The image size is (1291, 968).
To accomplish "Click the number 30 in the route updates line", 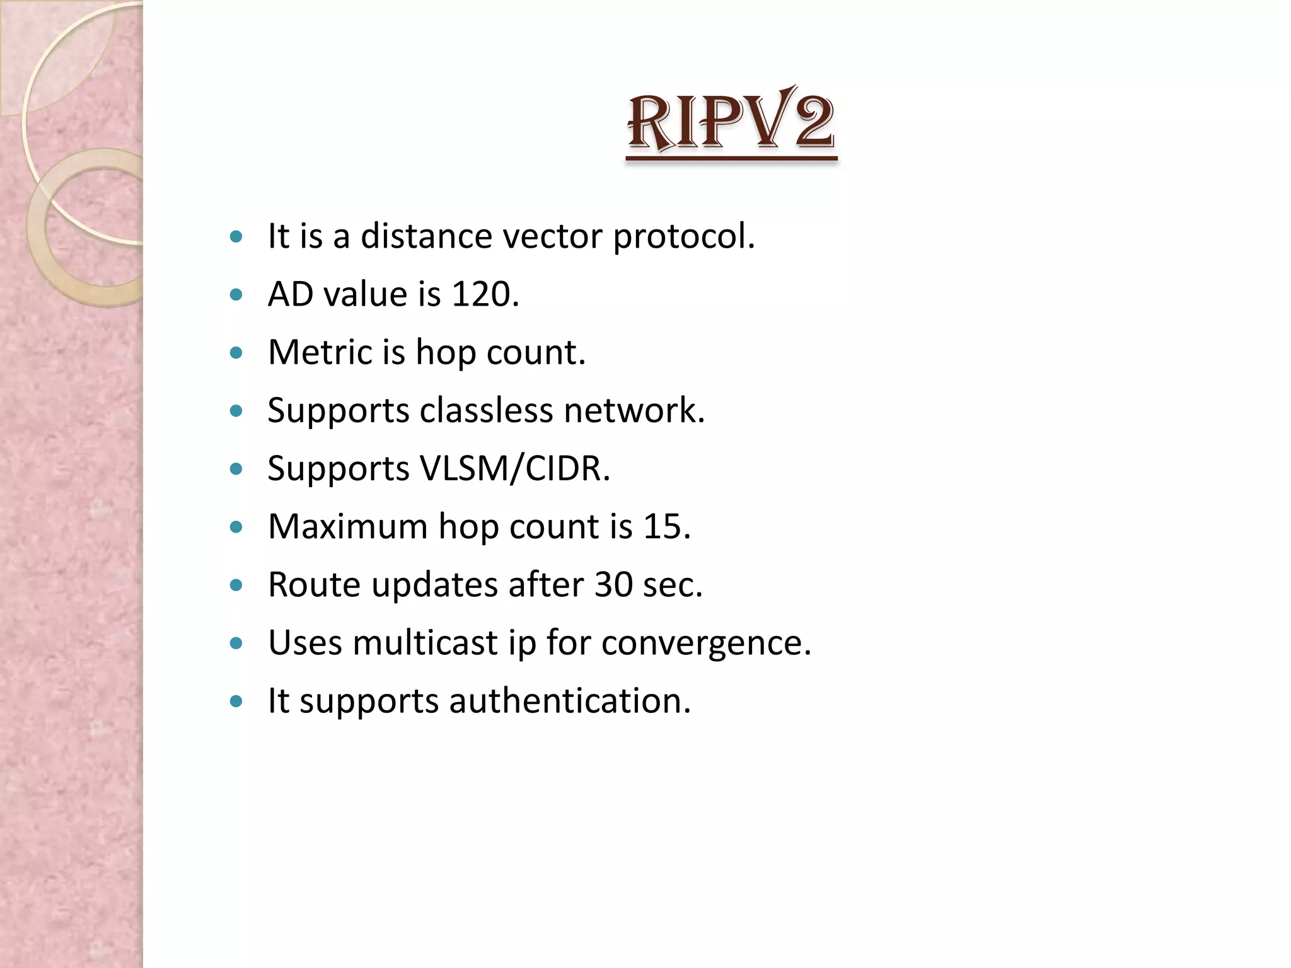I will [x=613, y=584].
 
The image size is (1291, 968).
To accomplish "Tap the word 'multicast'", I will [x=425, y=643].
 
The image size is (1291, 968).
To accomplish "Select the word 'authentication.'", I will [x=570, y=701].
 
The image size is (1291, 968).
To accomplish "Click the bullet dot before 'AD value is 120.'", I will [x=236, y=295].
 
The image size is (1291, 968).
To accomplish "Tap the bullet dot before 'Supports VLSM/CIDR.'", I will [x=236, y=469].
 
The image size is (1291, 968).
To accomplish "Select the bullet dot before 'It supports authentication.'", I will [x=236, y=701].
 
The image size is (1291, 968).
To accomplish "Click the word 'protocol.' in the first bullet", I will [x=684, y=238].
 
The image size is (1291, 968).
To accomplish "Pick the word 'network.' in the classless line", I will [x=634, y=410].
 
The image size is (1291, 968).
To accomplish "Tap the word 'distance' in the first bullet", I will [x=426, y=236].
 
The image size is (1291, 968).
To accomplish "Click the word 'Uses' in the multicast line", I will [x=304, y=643].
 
